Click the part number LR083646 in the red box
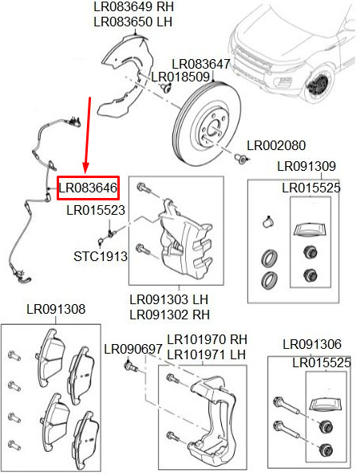88,188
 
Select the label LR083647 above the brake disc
200,64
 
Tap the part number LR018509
180,77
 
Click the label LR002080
276,146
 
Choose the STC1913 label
101,256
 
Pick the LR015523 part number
96,210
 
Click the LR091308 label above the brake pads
56,309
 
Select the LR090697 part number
133,350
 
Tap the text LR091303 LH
169,299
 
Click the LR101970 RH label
207,339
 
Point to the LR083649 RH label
133,6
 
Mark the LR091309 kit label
307,166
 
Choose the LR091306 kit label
312,344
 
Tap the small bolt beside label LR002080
242,158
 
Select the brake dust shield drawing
125,74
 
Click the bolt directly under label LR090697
131,364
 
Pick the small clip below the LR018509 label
166,88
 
